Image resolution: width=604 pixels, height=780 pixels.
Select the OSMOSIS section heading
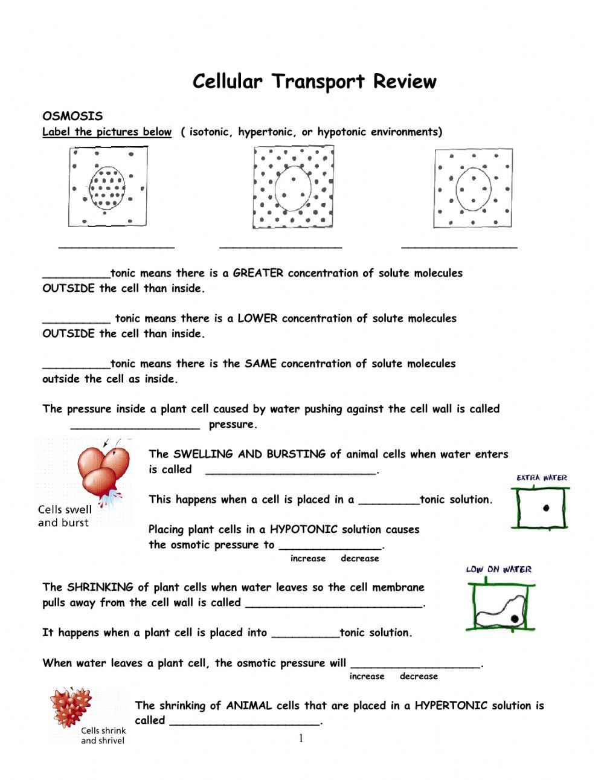click(x=72, y=116)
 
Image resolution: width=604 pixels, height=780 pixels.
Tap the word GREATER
click(x=258, y=273)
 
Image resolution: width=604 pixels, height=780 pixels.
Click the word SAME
click(x=261, y=364)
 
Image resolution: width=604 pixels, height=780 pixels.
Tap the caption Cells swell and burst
click(x=64, y=516)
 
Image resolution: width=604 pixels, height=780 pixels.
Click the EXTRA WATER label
click(x=542, y=478)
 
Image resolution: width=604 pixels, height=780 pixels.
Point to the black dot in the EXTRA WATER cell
click(x=547, y=508)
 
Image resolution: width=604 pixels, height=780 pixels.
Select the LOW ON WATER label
click(x=499, y=569)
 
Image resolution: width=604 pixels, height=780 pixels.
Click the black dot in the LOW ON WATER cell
click(x=514, y=618)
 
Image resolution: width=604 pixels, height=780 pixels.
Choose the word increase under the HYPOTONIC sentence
click(x=308, y=559)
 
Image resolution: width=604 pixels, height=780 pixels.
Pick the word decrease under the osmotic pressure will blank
click(x=419, y=677)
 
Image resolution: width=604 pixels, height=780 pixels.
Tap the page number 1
click(x=301, y=738)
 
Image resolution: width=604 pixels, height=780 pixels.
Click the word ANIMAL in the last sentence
click(x=249, y=706)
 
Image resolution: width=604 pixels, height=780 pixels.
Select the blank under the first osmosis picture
click(x=116, y=246)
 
